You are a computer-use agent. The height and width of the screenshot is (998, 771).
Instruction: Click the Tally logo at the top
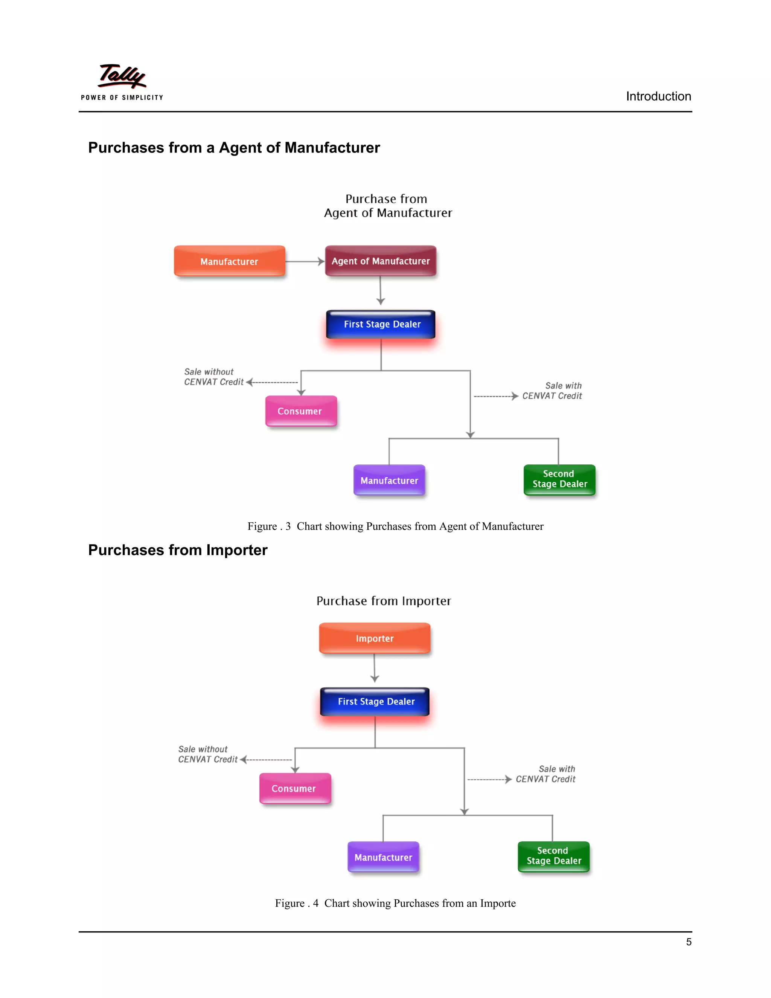click(x=122, y=81)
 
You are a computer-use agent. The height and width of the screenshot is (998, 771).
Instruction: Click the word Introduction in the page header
click(x=658, y=96)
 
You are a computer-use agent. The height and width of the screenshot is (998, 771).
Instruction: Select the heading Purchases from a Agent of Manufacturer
click(x=234, y=148)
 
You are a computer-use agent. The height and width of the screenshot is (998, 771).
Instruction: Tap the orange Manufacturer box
click(x=229, y=261)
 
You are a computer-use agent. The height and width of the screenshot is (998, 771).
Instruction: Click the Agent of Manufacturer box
click(x=381, y=261)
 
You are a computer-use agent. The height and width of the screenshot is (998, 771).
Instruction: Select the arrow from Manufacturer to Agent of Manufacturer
click(x=305, y=261)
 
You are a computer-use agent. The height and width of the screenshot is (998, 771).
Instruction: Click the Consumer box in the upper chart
click(x=300, y=411)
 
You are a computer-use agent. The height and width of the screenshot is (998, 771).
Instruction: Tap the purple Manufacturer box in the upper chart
click(x=389, y=480)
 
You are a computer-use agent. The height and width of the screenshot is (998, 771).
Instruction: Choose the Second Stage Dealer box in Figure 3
click(x=559, y=479)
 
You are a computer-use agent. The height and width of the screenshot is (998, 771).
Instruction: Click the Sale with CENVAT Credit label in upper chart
click(x=552, y=391)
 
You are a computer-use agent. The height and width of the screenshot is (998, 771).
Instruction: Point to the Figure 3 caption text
click(x=396, y=526)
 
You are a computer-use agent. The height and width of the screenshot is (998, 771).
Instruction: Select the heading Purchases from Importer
click(x=178, y=550)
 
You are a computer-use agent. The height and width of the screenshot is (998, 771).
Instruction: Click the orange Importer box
click(x=375, y=638)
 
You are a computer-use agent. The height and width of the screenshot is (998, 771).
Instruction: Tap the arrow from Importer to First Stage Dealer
click(x=375, y=668)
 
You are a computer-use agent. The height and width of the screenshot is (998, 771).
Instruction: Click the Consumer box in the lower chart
click(x=295, y=788)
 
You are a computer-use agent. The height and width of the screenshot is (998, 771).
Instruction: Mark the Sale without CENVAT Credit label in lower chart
click(x=208, y=754)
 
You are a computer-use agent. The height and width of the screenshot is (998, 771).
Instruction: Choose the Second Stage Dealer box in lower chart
click(x=553, y=856)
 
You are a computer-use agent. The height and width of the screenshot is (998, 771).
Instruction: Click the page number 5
click(x=688, y=942)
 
